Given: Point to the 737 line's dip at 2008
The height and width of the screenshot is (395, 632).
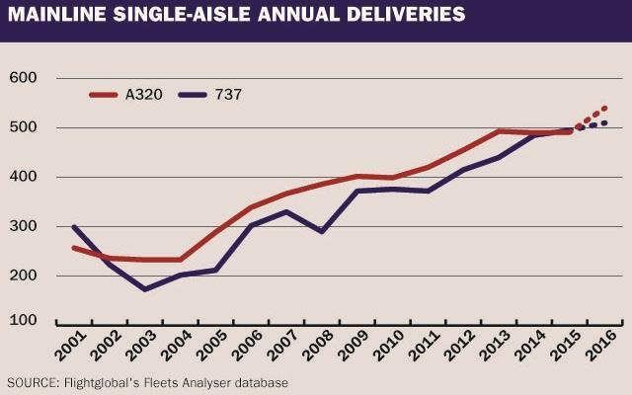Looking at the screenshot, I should click(322, 231).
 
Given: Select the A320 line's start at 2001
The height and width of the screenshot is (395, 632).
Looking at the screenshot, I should click(74, 248).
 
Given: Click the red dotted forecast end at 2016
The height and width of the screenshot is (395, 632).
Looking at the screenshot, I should click(604, 108).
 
